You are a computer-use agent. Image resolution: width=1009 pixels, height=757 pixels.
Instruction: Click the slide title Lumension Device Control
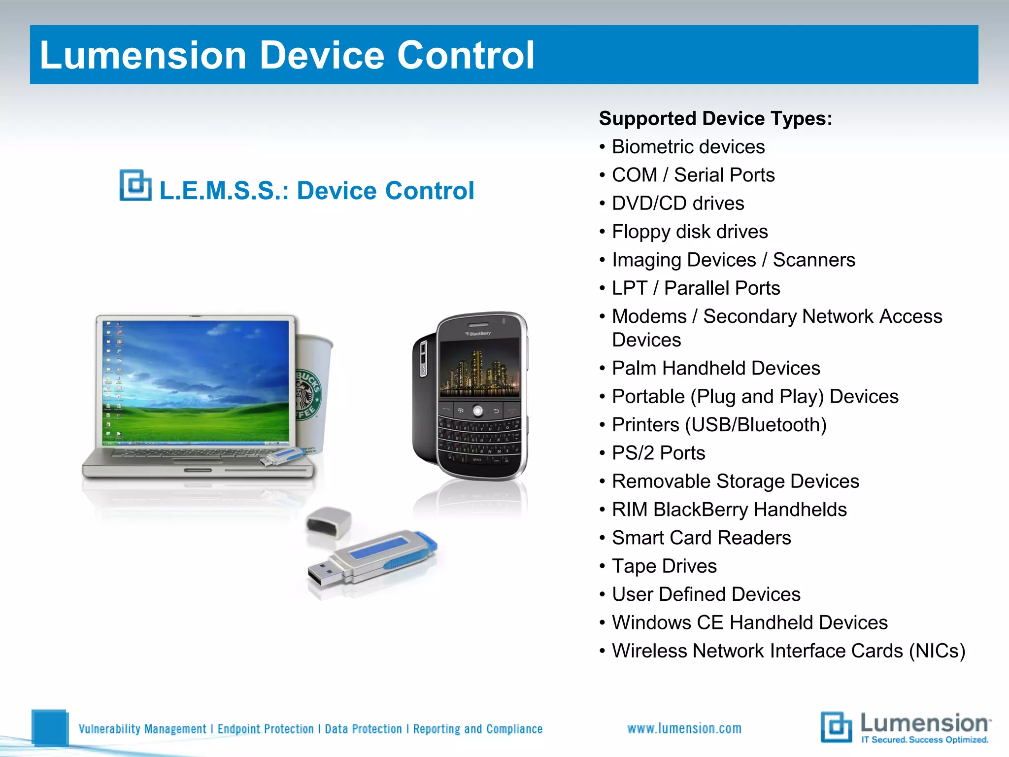(x=287, y=55)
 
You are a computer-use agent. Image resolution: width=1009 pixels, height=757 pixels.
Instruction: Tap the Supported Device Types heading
(x=715, y=119)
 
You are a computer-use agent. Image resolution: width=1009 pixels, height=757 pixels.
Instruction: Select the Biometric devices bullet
(x=688, y=147)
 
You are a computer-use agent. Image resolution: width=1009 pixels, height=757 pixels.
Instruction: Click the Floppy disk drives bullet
(x=689, y=232)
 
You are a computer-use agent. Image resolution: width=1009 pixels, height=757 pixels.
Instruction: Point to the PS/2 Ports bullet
(x=658, y=453)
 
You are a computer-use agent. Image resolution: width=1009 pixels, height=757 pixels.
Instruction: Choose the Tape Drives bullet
(x=664, y=566)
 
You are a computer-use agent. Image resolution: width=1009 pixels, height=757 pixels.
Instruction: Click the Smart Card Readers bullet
(x=701, y=538)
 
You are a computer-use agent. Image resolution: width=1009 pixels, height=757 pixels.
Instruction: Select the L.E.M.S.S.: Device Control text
(x=316, y=191)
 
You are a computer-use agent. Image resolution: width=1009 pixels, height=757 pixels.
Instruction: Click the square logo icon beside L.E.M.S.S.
(x=135, y=185)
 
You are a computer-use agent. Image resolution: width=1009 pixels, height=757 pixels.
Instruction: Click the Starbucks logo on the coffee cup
(x=308, y=394)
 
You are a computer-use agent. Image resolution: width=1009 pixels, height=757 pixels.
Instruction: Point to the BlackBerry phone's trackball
(x=477, y=411)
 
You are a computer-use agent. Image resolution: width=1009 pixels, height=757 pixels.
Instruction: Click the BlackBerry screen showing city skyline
(x=479, y=367)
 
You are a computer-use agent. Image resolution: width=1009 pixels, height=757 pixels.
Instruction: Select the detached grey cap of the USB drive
(x=328, y=522)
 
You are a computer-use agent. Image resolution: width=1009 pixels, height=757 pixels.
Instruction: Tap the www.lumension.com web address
(x=684, y=728)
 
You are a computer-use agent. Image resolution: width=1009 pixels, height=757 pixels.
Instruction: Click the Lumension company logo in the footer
(x=906, y=727)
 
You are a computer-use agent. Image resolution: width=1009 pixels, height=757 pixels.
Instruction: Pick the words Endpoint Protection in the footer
(x=265, y=729)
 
